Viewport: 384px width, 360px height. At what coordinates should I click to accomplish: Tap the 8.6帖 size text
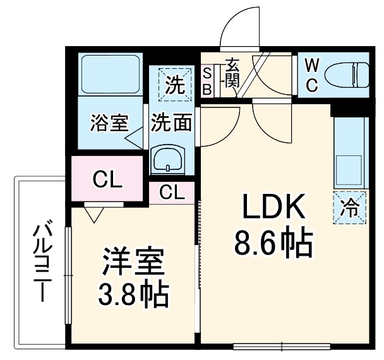pyautogui.click(x=273, y=242)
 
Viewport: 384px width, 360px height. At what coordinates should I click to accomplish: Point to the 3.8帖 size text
pyautogui.click(x=133, y=293)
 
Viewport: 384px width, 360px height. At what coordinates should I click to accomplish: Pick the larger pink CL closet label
pyautogui.click(x=107, y=179)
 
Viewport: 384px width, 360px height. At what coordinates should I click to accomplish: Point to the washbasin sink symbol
pyautogui.click(x=168, y=159)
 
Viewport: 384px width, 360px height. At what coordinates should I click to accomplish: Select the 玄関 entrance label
pyautogui.click(x=232, y=73)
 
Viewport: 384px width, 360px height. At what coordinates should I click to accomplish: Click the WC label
pyautogui.click(x=312, y=75)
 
